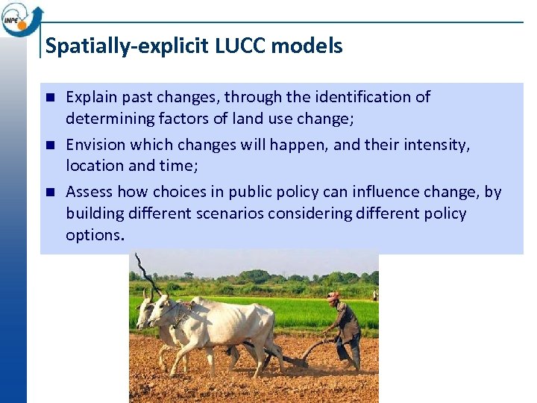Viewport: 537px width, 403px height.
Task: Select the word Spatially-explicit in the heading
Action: click(128, 46)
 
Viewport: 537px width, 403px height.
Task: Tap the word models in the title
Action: click(307, 46)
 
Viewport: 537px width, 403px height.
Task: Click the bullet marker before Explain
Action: click(50, 97)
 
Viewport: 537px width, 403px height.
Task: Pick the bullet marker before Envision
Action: click(50, 145)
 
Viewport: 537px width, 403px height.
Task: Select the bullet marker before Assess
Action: click(50, 193)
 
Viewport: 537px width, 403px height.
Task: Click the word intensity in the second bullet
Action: click(439, 144)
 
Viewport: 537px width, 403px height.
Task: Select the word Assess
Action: click(89, 192)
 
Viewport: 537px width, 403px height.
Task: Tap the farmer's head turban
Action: click(333, 296)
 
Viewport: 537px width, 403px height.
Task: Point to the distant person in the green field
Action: click(374, 295)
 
